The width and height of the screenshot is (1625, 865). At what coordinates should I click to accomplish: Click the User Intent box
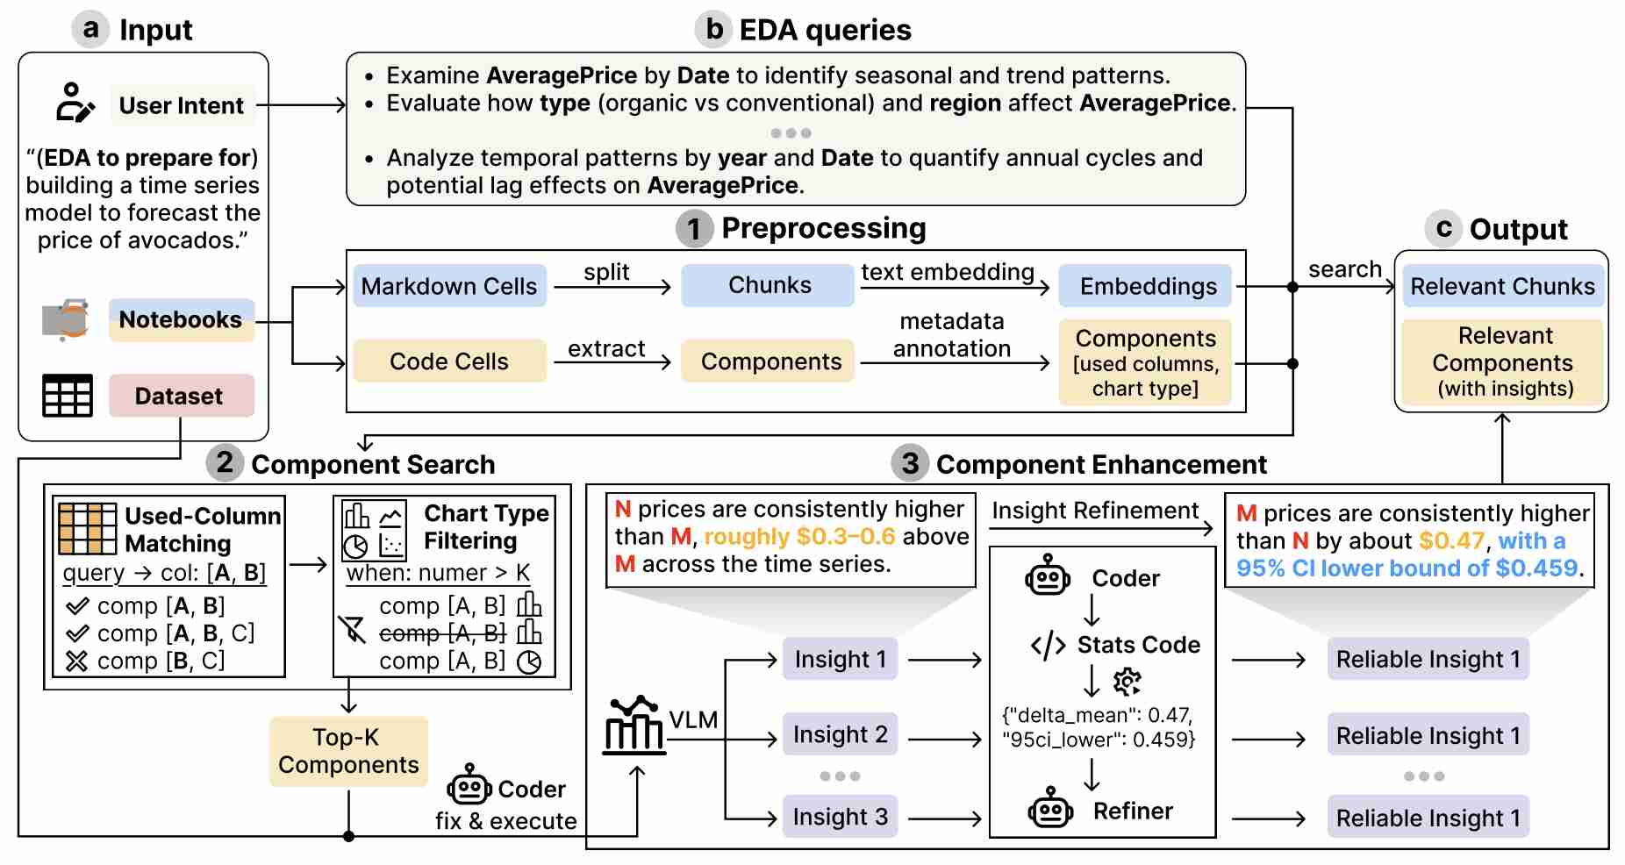[x=182, y=105]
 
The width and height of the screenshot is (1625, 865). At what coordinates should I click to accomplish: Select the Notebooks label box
[x=181, y=320]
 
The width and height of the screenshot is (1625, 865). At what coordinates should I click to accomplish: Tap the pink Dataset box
[x=181, y=396]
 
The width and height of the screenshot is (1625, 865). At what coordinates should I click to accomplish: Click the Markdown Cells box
[x=449, y=286]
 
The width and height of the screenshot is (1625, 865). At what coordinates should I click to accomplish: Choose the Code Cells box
[x=449, y=361]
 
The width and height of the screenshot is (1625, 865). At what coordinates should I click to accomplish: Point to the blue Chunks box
[x=769, y=285]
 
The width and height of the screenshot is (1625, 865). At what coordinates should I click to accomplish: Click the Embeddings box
[x=1147, y=286]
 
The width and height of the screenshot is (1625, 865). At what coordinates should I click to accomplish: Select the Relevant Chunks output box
[x=1502, y=286]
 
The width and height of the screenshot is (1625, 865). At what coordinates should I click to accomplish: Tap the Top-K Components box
[x=348, y=751]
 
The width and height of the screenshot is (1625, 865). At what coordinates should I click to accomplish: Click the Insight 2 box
[x=840, y=734]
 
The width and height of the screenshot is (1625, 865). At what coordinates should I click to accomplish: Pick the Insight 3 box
[x=840, y=817]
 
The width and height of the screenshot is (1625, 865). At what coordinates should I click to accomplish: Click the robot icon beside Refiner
[x=1050, y=810]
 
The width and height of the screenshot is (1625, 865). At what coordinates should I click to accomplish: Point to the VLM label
[x=693, y=720]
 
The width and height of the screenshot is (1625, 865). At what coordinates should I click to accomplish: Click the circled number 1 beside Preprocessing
[x=694, y=229]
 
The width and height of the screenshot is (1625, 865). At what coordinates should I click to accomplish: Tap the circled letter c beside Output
[x=1443, y=228]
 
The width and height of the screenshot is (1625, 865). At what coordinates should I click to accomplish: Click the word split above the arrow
[x=606, y=272]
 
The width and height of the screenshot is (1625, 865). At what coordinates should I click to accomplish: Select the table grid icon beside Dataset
[x=68, y=396]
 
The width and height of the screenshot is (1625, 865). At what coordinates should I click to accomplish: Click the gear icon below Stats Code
[x=1127, y=681]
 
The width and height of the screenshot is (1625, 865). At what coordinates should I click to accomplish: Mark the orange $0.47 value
[x=1451, y=540]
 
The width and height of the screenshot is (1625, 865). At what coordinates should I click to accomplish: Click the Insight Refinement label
[x=1095, y=511]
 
